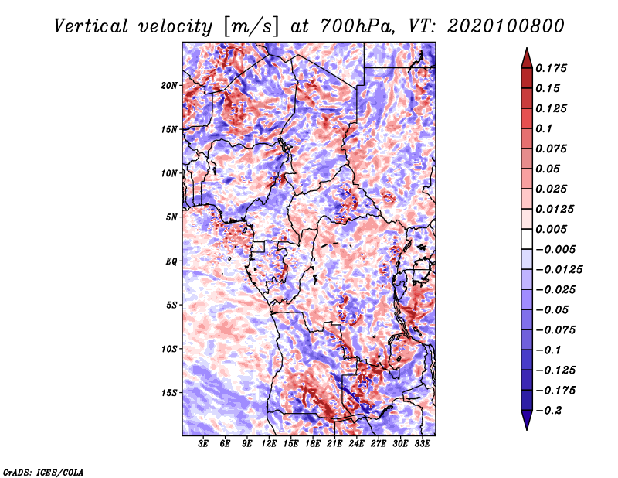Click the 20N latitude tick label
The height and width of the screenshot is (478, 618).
tap(169, 85)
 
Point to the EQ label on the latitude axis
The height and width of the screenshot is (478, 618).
tap(171, 261)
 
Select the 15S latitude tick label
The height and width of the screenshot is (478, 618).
tap(169, 392)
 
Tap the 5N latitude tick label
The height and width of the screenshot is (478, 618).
tap(171, 217)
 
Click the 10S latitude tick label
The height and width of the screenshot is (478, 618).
tap(169, 349)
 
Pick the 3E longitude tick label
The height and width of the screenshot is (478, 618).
tap(204, 444)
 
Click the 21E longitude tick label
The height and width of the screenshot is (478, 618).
tap(334, 444)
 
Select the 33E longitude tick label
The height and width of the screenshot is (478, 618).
tap(422, 444)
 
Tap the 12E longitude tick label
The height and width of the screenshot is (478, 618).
tap(269, 444)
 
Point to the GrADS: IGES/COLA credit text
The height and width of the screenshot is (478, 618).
tap(43, 470)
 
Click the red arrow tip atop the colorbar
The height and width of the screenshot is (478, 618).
tap(525, 52)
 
